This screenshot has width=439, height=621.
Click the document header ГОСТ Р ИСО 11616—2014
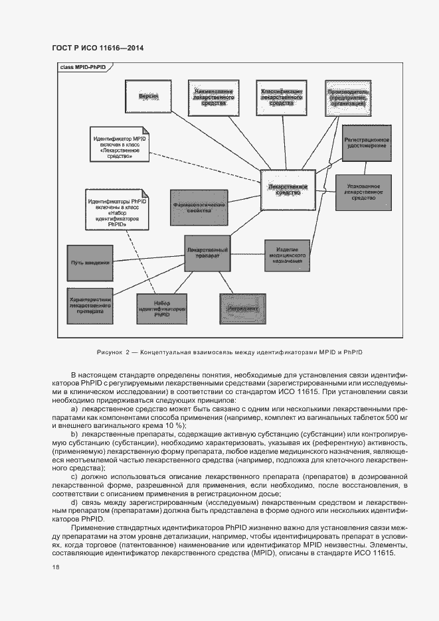(98, 48)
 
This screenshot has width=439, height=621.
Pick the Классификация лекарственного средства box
(282, 98)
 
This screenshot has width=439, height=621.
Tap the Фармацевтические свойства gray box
(200, 207)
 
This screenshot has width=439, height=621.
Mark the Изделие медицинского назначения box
(287, 254)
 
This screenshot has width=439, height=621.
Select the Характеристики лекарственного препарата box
(90, 305)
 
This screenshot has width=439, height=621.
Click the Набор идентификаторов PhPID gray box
(161, 309)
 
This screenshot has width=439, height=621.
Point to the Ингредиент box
(242, 309)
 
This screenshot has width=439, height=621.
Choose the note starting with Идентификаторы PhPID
(117, 211)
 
